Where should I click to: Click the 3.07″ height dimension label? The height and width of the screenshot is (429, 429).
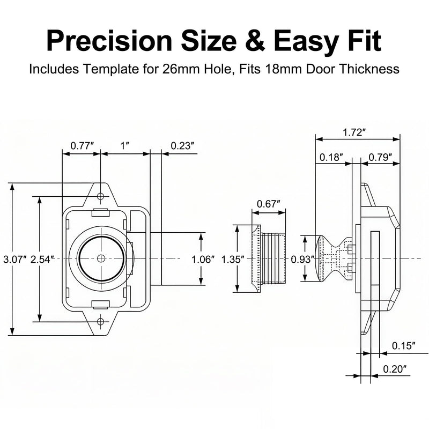pos(15,259)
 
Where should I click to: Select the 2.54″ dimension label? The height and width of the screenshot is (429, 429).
pos(41,259)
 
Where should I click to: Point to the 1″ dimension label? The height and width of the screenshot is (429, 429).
pos(125,146)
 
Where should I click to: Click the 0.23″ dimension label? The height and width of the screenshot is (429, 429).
pos(182,146)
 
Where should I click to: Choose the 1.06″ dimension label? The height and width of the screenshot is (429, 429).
pos(203,259)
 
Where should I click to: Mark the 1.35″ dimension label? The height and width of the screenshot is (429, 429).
pos(233,259)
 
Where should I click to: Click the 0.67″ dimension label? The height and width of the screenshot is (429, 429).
pos(269,204)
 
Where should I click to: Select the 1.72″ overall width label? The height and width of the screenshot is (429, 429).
pos(354,132)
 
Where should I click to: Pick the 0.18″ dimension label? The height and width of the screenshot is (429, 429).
pos(331,157)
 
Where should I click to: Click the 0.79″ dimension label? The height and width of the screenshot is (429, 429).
pos(380,157)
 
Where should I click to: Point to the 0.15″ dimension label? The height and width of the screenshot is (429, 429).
pos(404,345)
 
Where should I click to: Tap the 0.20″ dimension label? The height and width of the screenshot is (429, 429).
pos(395,369)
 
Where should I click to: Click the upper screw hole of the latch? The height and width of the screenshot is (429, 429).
pos(101,196)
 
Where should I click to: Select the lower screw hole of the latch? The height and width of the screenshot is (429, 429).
pos(101,321)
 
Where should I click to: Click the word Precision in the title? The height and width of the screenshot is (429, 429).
pos(109,41)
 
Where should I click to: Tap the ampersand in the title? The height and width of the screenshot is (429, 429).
pos(255,41)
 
